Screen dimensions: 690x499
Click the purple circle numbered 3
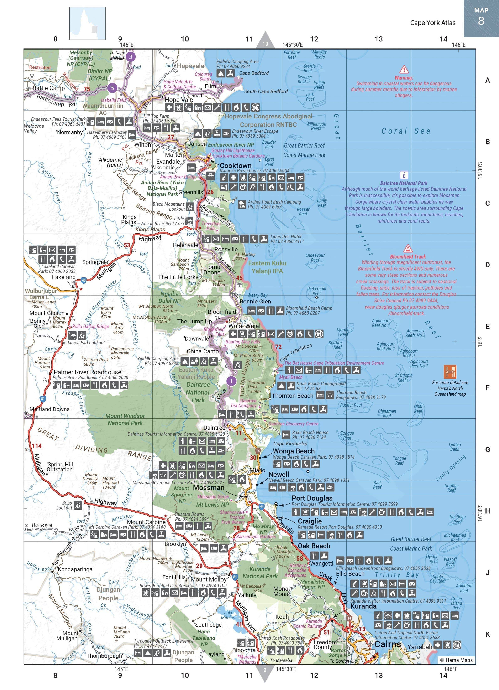[x=131, y=57]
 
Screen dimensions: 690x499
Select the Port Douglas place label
[x=312, y=498]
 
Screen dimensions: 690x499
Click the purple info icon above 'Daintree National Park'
[x=404, y=175]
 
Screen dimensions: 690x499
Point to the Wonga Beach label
[x=294, y=451]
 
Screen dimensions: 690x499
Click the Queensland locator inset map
[x=88, y=24]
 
